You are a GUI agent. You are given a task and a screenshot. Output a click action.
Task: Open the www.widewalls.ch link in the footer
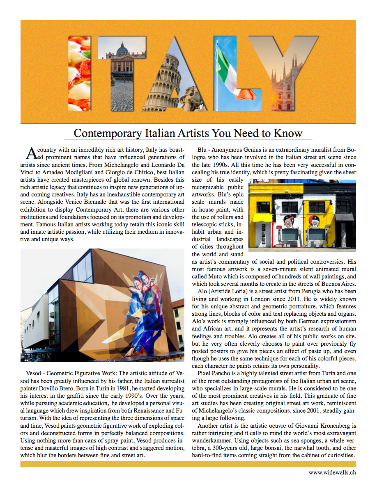tap(332, 472)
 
